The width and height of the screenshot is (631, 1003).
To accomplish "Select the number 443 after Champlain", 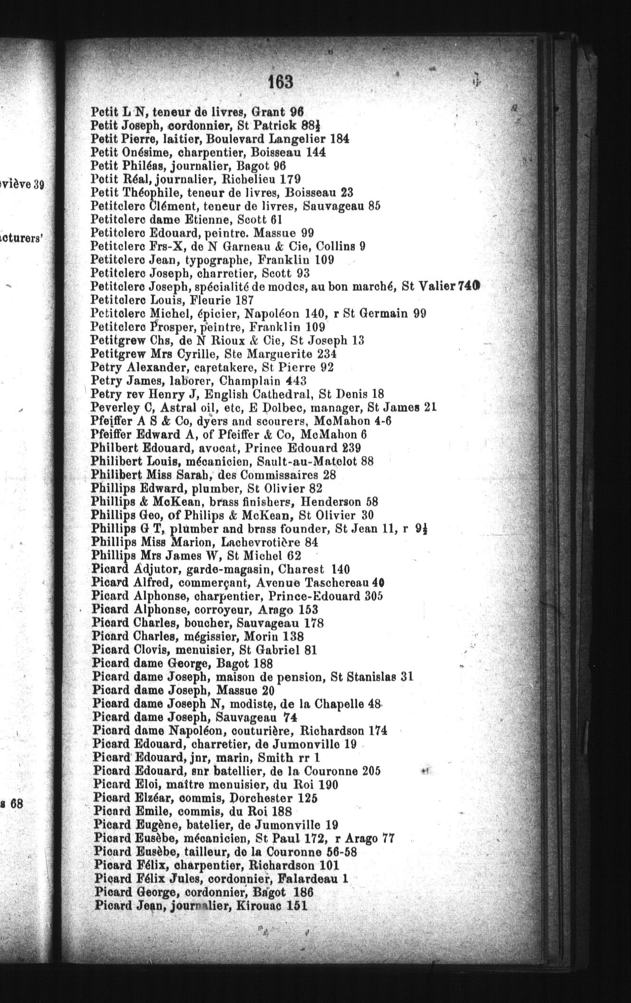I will click(296, 381).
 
